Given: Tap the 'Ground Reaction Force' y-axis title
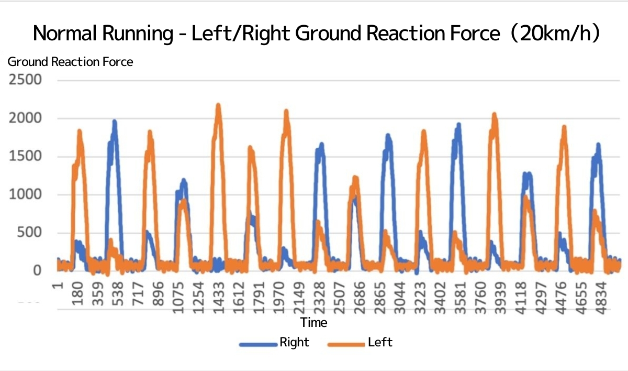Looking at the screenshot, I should click(70, 62).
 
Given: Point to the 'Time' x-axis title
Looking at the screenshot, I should click(314, 322).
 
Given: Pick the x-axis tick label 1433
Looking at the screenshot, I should click(218, 299).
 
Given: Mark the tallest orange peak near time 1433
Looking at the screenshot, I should click(218, 105).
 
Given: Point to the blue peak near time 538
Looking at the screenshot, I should click(114, 122).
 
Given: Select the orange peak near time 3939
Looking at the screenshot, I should click(494, 114).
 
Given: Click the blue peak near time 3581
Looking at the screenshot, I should click(458, 125).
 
